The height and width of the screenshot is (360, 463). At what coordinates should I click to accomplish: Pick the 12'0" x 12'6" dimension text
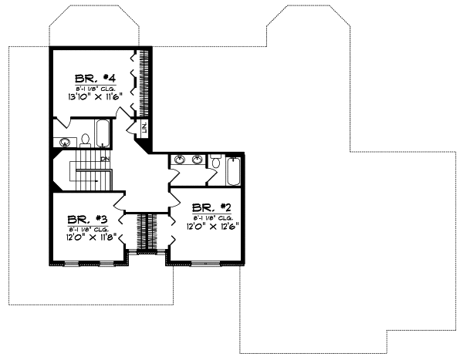click(211, 227)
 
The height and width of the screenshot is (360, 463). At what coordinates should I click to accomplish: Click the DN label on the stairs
click(105, 159)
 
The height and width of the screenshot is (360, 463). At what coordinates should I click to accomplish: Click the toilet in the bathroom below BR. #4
click(86, 140)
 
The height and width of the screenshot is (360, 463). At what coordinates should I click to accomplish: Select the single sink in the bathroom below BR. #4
click(65, 142)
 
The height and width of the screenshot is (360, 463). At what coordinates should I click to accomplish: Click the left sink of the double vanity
click(180, 160)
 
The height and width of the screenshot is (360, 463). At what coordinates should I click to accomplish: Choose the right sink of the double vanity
click(198, 160)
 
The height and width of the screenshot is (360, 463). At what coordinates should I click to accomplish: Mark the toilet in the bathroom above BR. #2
click(216, 163)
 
